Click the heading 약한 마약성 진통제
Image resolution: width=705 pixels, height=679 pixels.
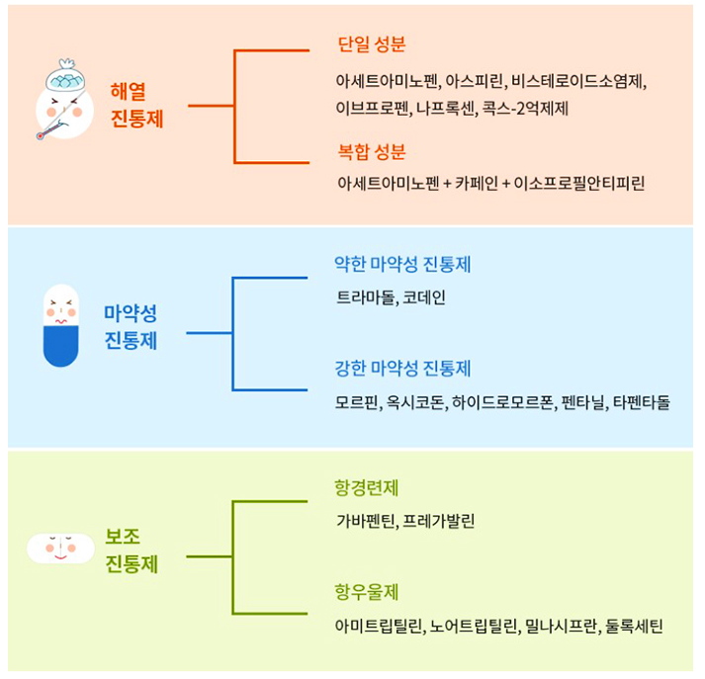click(402, 265)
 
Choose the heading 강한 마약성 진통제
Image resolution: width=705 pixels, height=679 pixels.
click(402, 369)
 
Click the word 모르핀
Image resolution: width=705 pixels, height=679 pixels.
click(358, 402)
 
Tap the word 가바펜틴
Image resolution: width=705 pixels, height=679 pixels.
click(366, 520)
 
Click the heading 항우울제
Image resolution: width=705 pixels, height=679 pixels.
click(366, 593)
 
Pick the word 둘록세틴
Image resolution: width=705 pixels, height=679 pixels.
click(634, 626)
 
